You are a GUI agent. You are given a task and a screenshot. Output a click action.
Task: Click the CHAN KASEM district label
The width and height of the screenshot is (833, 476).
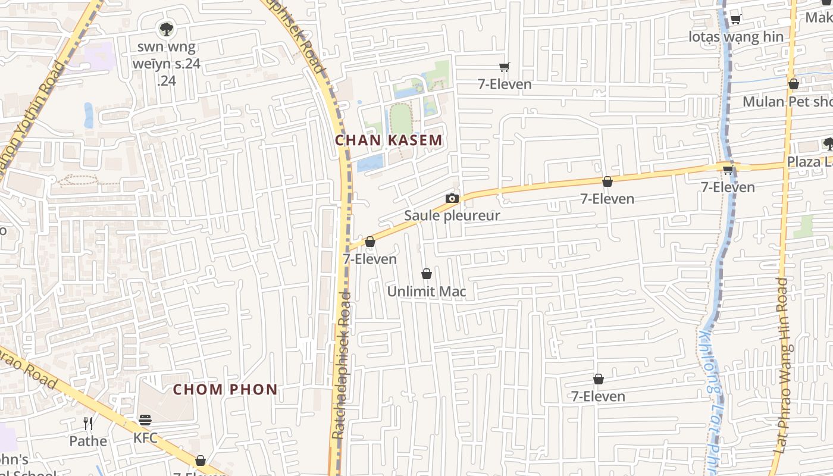click(x=389, y=140)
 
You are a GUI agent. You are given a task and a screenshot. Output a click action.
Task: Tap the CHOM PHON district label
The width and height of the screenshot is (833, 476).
click(x=226, y=390)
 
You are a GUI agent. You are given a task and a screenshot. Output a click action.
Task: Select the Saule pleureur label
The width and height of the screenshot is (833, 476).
click(x=452, y=215)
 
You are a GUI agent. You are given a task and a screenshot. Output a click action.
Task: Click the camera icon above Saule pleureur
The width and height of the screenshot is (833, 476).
click(x=452, y=199)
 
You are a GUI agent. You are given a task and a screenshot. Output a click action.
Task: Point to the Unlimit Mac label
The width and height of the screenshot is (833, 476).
click(x=427, y=292)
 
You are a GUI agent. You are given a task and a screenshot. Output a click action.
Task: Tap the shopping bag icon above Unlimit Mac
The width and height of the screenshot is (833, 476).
click(x=427, y=274)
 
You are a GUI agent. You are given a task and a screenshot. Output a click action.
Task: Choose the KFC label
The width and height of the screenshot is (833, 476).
click(x=145, y=438)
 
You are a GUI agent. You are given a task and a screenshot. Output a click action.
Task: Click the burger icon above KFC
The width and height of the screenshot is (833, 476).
click(x=145, y=420)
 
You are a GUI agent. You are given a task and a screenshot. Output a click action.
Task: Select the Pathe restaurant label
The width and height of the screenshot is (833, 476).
click(x=88, y=441)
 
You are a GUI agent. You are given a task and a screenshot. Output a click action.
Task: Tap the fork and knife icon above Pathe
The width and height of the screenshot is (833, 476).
click(x=88, y=424)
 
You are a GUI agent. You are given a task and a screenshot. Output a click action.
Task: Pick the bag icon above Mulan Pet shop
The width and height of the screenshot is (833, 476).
click(x=793, y=84)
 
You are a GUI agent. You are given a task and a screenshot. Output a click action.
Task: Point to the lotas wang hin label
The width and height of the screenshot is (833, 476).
click(x=735, y=37)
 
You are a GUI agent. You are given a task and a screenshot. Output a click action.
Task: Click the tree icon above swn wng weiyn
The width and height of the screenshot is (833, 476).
click(x=166, y=29)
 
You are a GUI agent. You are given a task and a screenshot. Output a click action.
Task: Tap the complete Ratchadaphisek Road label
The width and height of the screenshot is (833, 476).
click(x=342, y=365)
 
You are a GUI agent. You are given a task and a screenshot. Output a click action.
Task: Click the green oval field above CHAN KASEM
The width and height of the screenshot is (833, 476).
click(x=400, y=119)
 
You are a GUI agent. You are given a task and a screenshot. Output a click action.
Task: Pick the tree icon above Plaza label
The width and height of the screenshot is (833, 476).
click(x=828, y=143)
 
